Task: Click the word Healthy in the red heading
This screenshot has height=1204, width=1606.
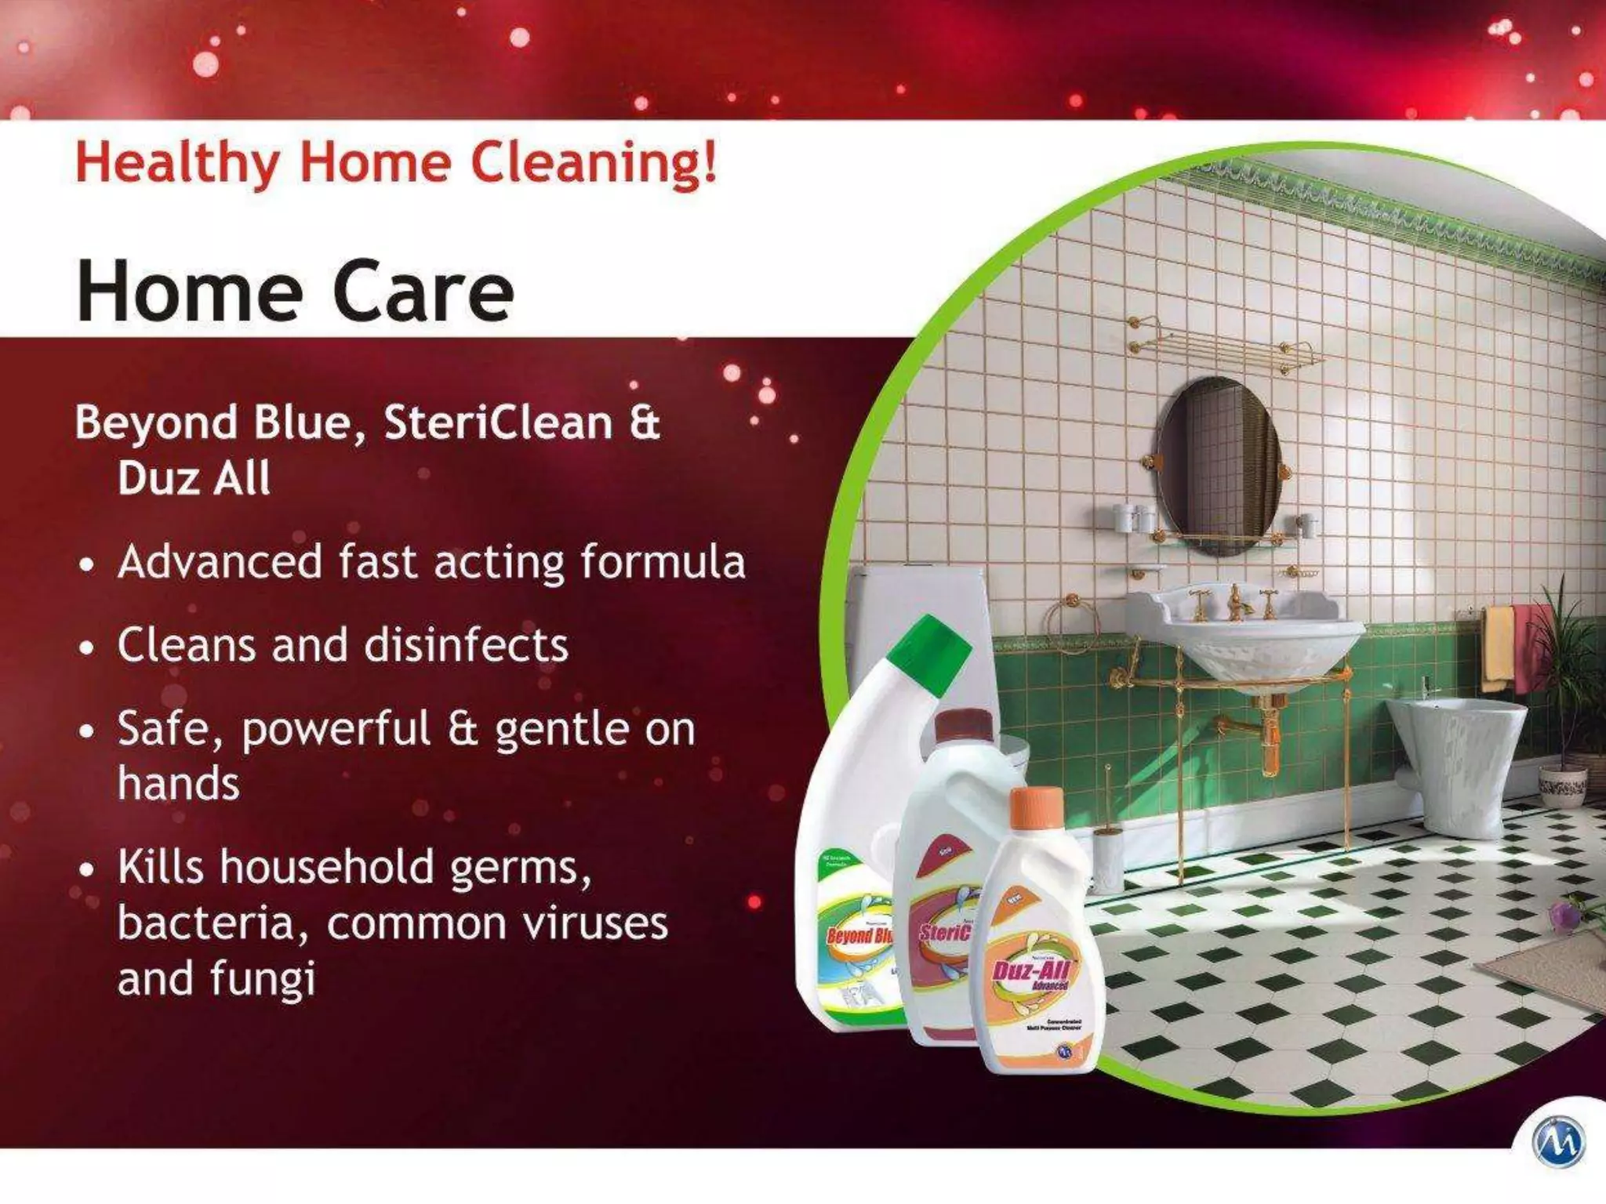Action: click(177, 163)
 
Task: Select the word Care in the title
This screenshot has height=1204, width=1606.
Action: click(423, 292)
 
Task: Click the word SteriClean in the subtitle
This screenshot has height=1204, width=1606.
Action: click(498, 423)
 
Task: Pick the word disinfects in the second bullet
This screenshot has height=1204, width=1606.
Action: click(466, 645)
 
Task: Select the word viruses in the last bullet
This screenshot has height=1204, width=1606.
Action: click(595, 923)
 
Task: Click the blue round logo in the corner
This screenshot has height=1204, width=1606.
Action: click(1558, 1141)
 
